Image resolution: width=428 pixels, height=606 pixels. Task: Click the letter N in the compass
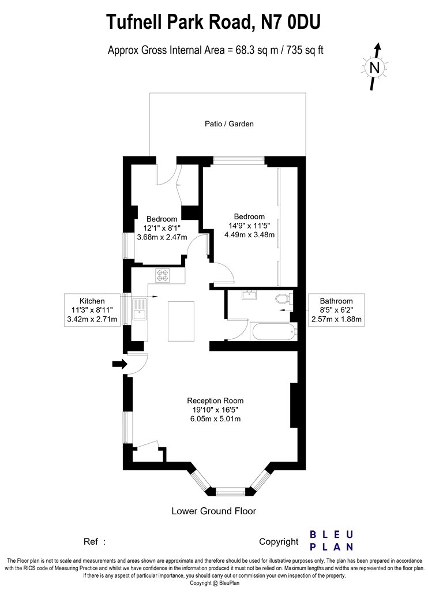tap(375, 68)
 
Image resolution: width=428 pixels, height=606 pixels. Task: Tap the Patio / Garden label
tap(229, 124)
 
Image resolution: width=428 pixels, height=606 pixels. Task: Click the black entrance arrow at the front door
tap(120, 364)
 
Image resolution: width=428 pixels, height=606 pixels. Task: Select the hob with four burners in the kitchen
tap(162, 275)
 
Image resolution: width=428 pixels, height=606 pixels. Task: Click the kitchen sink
tap(139, 309)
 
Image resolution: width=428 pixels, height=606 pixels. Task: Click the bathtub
tap(273, 332)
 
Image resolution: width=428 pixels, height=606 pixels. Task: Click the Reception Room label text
tap(215, 401)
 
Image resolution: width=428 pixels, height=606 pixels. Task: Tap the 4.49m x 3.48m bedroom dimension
tap(250, 234)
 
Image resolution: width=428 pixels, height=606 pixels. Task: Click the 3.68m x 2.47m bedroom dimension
tap(162, 237)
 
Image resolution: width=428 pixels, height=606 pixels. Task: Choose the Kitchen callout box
tap(92, 310)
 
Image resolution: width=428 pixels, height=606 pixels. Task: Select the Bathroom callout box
tap(336, 310)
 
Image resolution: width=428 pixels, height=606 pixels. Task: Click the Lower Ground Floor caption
tap(213, 511)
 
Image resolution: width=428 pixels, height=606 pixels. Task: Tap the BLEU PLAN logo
tap(332, 541)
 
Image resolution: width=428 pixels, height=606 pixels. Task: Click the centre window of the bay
tap(230, 492)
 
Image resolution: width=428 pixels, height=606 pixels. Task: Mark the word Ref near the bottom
tap(91, 542)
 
